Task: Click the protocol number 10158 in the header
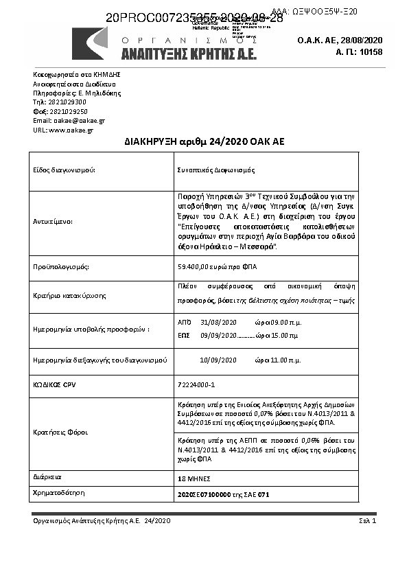371,51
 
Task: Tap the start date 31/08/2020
218,322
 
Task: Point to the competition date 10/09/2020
218,360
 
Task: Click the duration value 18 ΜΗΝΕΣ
193,478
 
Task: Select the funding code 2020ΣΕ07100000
204,493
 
